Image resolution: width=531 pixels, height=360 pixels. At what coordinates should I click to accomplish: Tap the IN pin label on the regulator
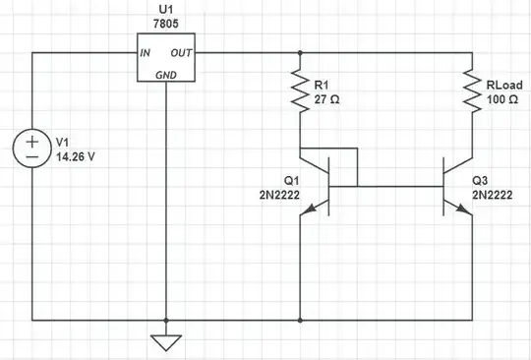pos(145,53)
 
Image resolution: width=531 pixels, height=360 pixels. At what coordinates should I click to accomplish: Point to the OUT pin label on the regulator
pos(182,53)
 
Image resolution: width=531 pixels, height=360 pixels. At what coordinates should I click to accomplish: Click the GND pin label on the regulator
pos(166,74)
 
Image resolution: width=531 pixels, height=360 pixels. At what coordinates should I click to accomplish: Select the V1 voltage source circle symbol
pos(32,149)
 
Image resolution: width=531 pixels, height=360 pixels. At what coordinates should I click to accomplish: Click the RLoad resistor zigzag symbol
pos(472,91)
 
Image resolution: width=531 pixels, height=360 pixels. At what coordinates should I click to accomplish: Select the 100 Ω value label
pos(503,98)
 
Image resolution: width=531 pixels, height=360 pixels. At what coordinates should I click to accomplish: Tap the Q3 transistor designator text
pos(480,181)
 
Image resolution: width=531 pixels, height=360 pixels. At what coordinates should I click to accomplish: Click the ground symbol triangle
pos(166,343)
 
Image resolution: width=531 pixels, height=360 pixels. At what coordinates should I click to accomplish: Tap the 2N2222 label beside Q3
pos(492,195)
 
